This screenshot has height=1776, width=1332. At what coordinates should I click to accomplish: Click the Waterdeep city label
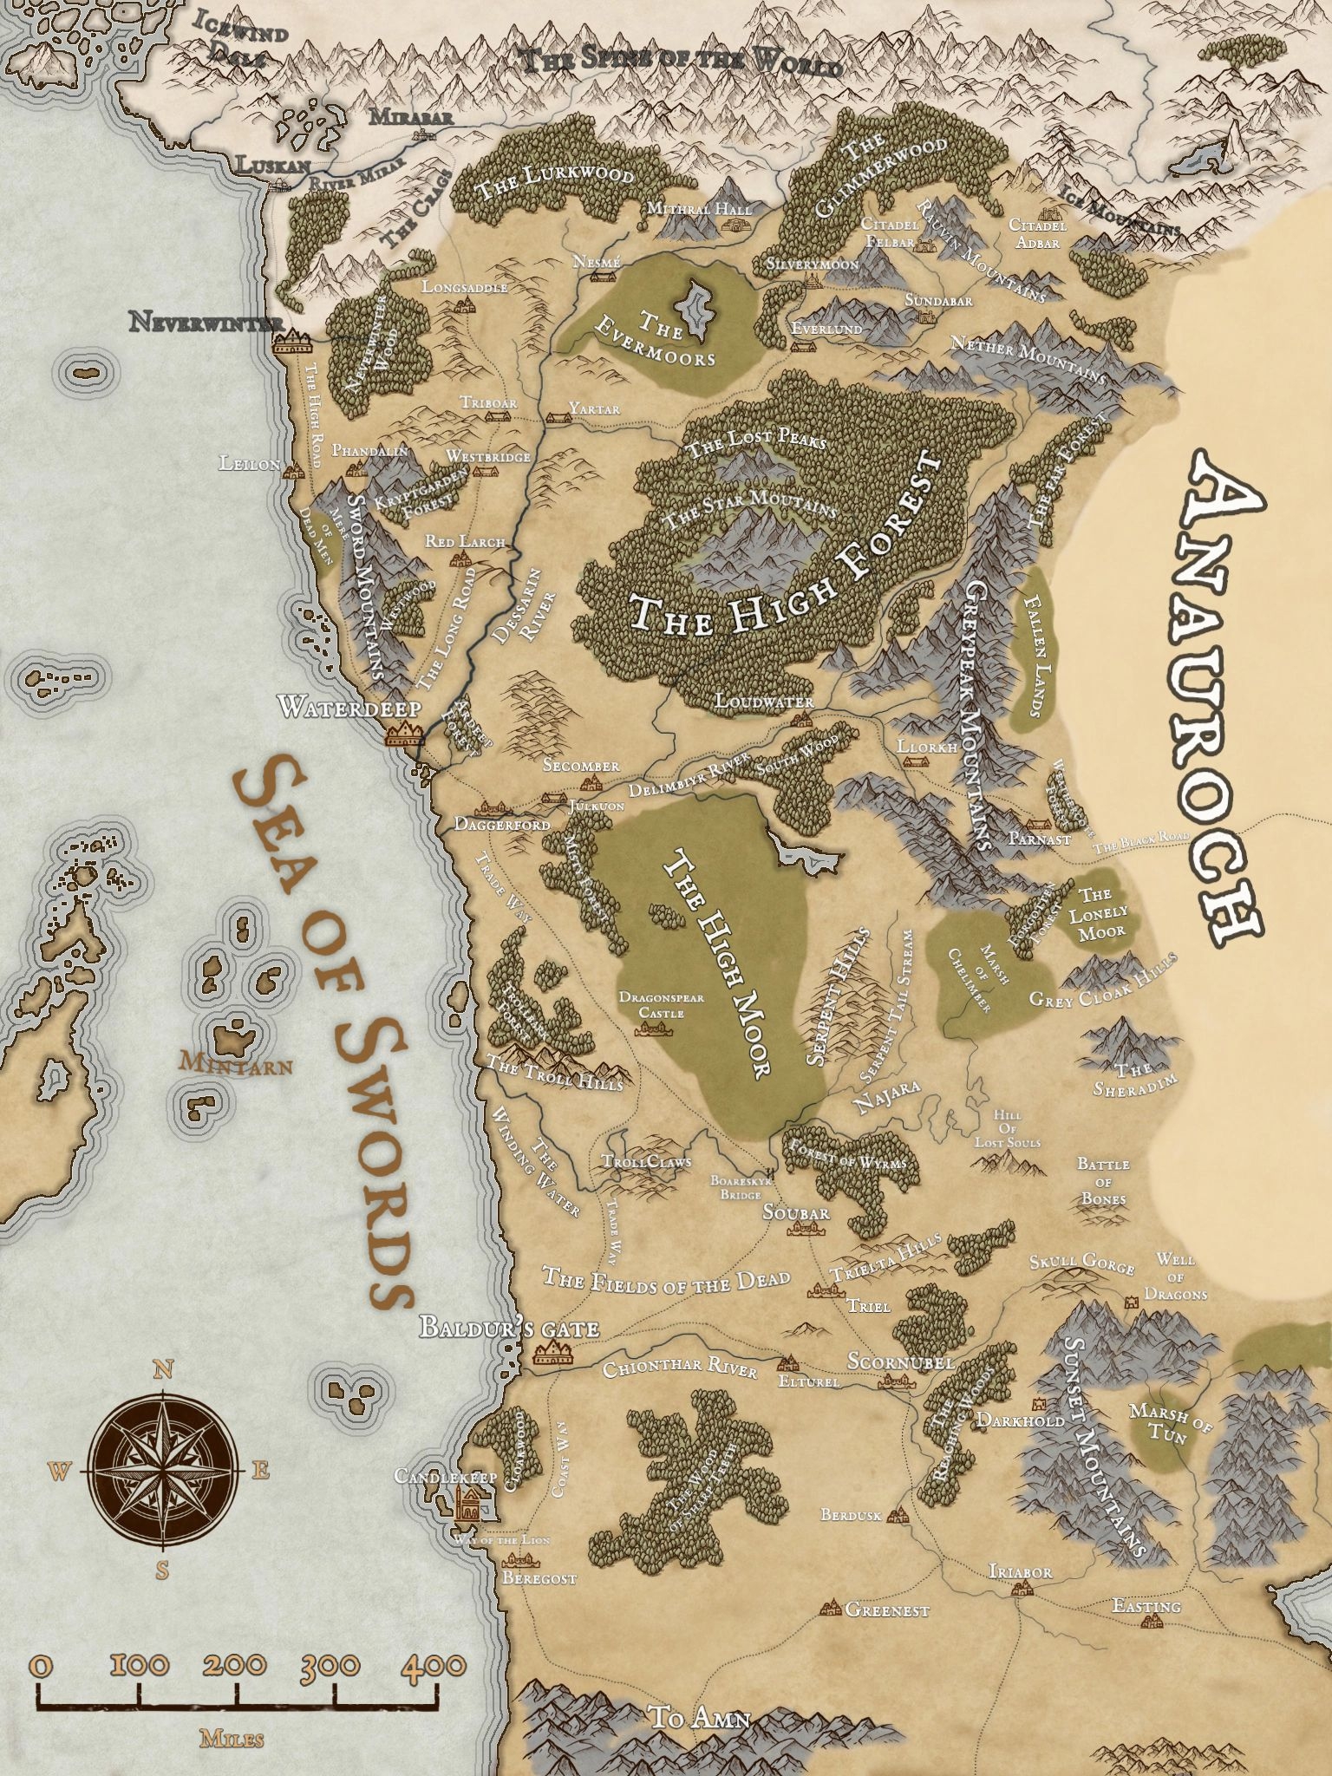[x=349, y=708]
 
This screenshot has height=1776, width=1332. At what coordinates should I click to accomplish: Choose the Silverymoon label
[x=813, y=263]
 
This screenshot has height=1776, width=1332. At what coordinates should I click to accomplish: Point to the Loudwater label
[x=764, y=702]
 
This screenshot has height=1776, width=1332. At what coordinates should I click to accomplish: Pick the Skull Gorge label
[x=1081, y=1263]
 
